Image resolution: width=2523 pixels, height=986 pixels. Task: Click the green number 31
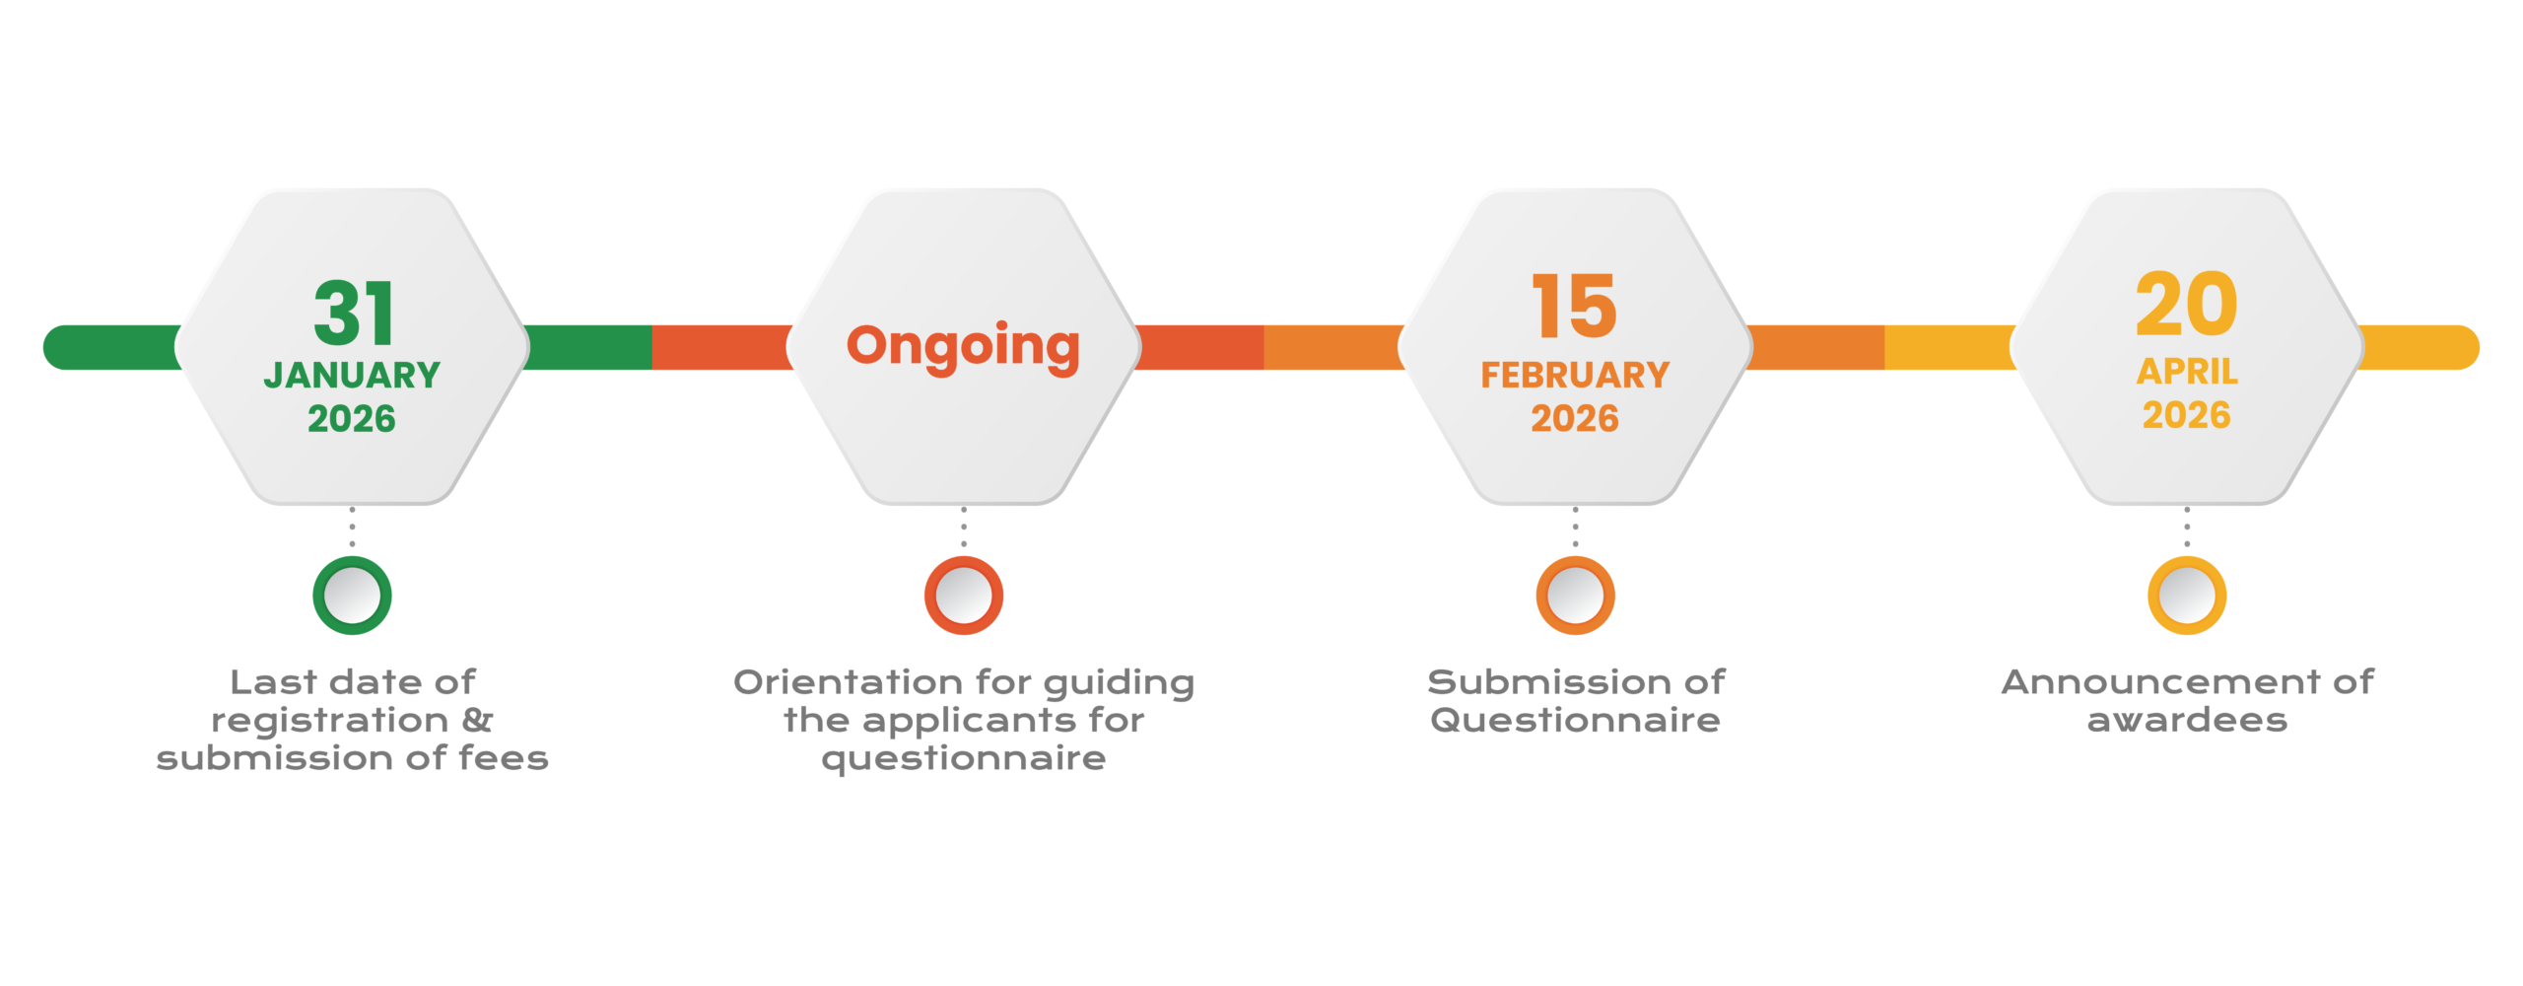coord(354,313)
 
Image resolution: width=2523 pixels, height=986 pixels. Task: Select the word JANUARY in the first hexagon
coord(352,376)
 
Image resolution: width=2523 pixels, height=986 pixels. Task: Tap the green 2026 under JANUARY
coord(352,419)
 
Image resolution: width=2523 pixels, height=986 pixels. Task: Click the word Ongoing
coord(963,347)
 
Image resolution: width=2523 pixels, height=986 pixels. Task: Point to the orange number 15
coord(1574,307)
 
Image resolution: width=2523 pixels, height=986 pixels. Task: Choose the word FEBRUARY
coord(1575,376)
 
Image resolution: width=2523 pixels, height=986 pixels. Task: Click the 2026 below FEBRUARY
coord(1575,419)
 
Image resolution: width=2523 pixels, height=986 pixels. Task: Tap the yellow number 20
coord(2186,305)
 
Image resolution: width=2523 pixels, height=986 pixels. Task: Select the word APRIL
coord(2187,372)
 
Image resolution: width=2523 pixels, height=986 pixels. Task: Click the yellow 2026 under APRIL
coord(2186,415)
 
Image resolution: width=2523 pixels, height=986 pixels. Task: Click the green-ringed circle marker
coord(353,596)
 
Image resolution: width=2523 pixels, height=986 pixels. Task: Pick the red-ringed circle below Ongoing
coord(964,596)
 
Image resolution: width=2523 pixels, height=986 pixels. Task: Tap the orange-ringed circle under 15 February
coord(1575,596)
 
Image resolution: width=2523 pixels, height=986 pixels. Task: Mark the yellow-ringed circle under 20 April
coord(2187,596)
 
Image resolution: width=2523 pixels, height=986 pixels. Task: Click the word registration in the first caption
coord(330,721)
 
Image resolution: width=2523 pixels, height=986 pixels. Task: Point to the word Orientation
coord(848,682)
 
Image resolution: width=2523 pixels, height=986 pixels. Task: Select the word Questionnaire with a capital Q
coord(1575,721)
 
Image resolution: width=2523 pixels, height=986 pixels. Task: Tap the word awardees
coord(2187,721)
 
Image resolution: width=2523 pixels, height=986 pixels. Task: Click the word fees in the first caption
coord(504,758)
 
